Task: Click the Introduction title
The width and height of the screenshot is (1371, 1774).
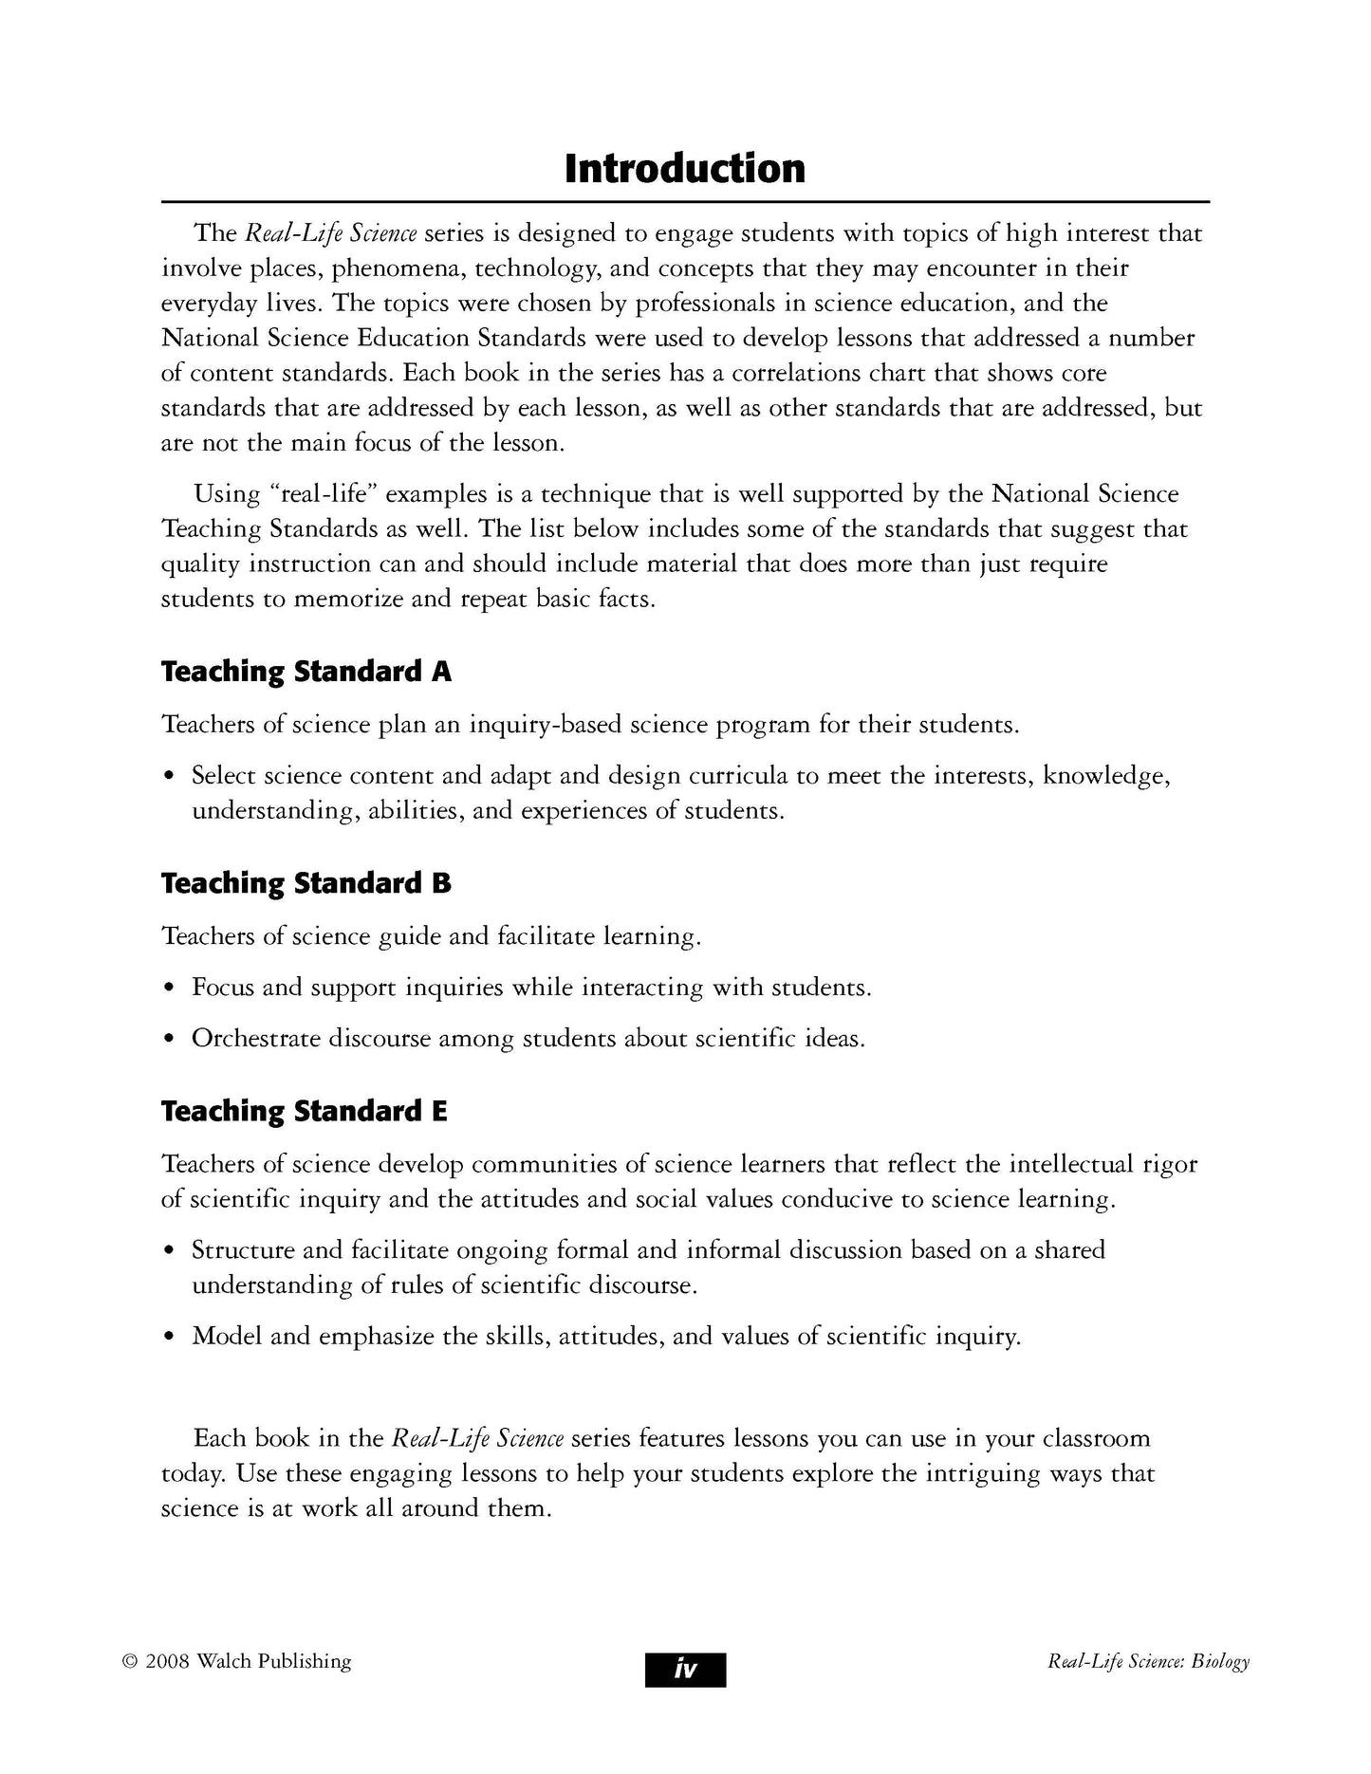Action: [x=684, y=169]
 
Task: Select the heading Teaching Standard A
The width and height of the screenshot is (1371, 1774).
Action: [x=306, y=672]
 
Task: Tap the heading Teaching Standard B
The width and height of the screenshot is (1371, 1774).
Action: [x=306, y=883]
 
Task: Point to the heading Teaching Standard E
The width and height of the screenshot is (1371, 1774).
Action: [x=304, y=1111]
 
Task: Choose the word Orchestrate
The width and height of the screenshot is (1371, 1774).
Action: [x=256, y=1039]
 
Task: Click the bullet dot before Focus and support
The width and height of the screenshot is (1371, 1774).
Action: [x=169, y=989]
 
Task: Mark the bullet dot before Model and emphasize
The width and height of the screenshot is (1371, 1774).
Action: [x=169, y=1338]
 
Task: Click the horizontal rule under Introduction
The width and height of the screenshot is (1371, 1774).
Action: [x=685, y=202]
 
